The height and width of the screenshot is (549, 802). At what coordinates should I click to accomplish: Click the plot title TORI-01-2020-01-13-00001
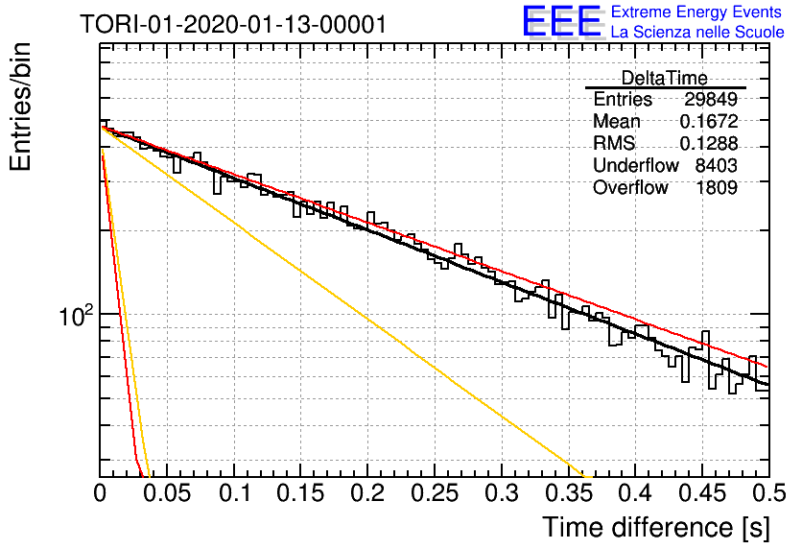click(x=233, y=24)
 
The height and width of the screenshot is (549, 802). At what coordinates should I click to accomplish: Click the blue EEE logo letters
click(x=561, y=21)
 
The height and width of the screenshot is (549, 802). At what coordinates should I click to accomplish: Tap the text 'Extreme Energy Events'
click(x=696, y=12)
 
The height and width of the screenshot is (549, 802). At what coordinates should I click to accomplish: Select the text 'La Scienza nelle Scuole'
click(x=697, y=32)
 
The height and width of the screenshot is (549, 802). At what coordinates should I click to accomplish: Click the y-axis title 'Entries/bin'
click(x=20, y=107)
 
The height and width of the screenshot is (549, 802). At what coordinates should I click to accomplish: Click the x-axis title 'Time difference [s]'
click(x=656, y=527)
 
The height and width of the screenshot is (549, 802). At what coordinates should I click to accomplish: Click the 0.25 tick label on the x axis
click(x=435, y=493)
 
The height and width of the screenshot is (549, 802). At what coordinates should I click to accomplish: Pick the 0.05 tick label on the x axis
click(x=166, y=493)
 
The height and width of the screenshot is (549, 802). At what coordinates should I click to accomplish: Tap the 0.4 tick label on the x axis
click(x=635, y=493)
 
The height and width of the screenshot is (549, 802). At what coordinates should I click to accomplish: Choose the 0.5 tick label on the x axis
click(x=769, y=493)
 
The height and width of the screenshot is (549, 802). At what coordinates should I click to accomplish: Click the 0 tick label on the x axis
click(x=100, y=493)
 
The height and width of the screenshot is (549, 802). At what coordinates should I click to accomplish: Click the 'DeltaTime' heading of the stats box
click(x=665, y=78)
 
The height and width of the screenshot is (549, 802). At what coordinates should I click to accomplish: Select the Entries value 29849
click(x=711, y=99)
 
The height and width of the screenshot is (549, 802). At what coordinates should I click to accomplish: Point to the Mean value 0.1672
click(x=708, y=121)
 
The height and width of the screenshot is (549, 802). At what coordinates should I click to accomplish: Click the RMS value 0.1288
click(x=708, y=143)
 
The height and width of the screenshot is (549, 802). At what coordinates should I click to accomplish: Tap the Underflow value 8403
click(x=716, y=165)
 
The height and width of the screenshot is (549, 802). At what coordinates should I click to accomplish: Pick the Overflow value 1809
click(x=717, y=187)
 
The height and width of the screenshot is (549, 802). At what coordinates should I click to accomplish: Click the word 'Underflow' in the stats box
click(x=636, y=165)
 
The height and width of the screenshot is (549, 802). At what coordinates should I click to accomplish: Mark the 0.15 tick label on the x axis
click(x=300, y=493)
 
